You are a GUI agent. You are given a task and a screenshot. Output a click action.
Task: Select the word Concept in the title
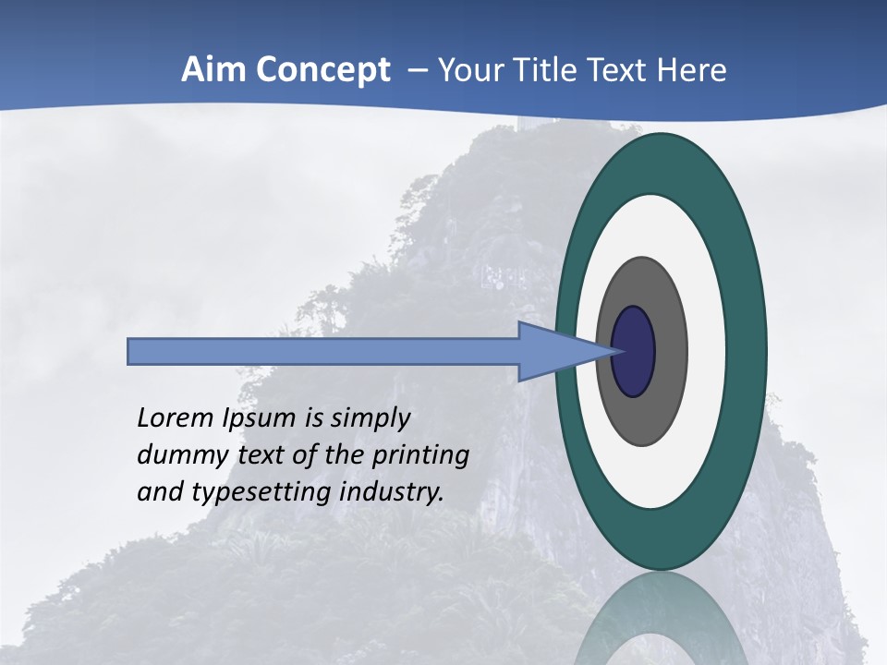tap(322, 70)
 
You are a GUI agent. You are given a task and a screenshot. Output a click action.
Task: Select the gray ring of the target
tap(670, 351)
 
